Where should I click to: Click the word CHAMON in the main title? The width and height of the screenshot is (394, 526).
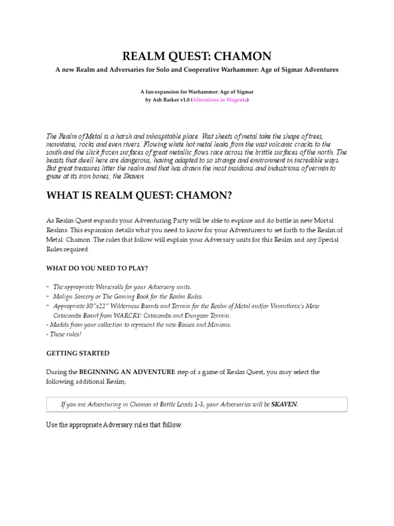coord(243,56)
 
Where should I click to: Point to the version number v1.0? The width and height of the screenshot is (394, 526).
coord(183,100)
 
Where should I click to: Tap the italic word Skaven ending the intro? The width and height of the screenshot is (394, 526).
coord(136,176)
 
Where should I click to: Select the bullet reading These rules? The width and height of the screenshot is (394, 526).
coord(65,334)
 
